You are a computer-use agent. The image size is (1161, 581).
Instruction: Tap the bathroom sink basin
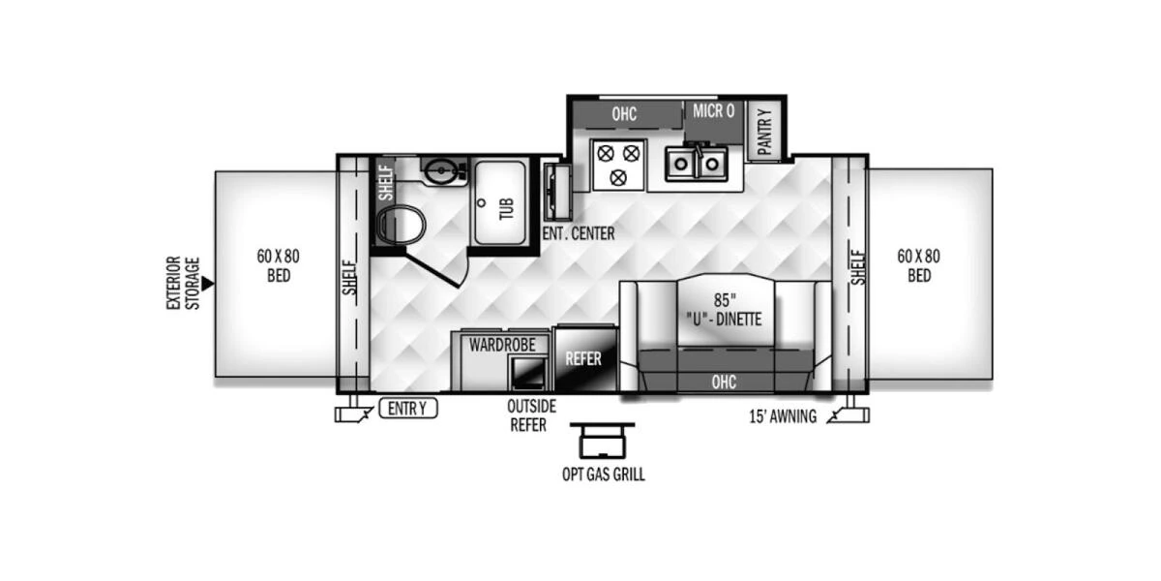443,171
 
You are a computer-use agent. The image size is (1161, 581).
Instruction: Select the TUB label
506,206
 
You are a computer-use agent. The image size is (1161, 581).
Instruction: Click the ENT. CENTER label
578,233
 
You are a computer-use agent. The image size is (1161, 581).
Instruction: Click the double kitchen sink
696,162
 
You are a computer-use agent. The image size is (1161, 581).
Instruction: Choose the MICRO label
713,111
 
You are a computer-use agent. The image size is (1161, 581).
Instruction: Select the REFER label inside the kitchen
583,358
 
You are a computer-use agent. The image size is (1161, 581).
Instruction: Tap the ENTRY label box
407,409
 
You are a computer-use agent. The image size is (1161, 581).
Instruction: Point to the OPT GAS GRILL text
603,474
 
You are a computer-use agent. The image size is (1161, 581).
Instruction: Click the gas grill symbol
602,441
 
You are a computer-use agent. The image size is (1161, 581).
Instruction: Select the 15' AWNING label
783,417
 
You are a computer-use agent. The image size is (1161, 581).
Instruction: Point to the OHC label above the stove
624,114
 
